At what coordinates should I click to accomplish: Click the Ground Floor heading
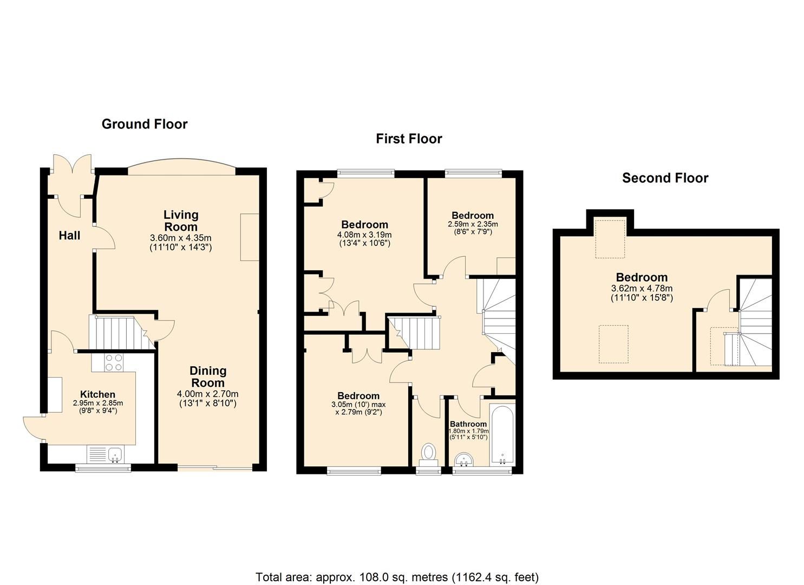145,124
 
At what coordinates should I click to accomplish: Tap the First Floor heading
409,139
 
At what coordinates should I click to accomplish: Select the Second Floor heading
665,178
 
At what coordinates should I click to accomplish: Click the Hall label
69,235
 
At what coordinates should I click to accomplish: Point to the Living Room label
181,221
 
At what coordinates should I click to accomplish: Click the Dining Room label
207,376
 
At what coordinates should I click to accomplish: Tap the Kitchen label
97,394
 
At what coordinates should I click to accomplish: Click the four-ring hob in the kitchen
113,362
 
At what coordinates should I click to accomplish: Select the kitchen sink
106,454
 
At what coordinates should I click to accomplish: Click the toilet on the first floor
429,454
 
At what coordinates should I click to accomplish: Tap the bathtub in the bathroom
502,435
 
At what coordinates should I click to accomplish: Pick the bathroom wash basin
464,460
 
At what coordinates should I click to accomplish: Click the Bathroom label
468,424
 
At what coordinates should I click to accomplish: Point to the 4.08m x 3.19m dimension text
364,235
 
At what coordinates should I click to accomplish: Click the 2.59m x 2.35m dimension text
473,224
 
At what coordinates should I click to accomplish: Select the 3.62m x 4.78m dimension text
642,289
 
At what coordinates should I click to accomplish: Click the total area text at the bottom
397,577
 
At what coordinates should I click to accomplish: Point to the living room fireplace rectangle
250,237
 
